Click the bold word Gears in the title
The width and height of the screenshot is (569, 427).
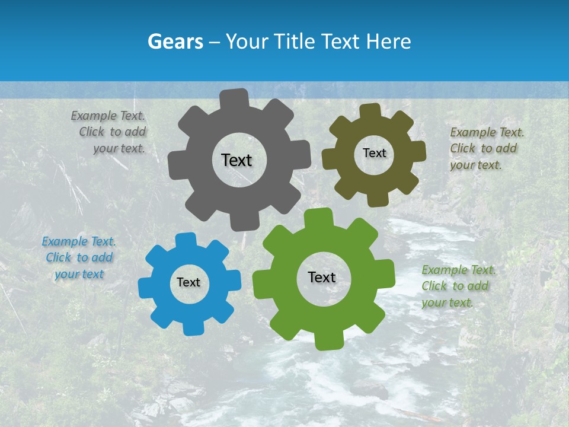pos(175,42)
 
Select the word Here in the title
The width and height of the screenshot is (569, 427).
pos(389,42)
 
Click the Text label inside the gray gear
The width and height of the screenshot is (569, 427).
pos(236,160)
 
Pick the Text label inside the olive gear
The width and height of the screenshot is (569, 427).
pos(374,153)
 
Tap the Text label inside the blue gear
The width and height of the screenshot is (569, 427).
pos(188,282)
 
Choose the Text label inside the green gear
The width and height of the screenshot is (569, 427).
pos(322,277)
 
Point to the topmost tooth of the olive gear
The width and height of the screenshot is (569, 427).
pos(370,111)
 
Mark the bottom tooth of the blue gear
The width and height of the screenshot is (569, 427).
pos(193,327)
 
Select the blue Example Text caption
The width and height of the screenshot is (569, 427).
pos(79,258)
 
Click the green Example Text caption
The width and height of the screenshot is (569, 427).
pos(458,286)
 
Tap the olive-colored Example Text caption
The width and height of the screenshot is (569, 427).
pos(487,149)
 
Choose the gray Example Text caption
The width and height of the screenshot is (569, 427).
pos(110,132)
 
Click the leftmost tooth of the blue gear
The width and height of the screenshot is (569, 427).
pos(146,288)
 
